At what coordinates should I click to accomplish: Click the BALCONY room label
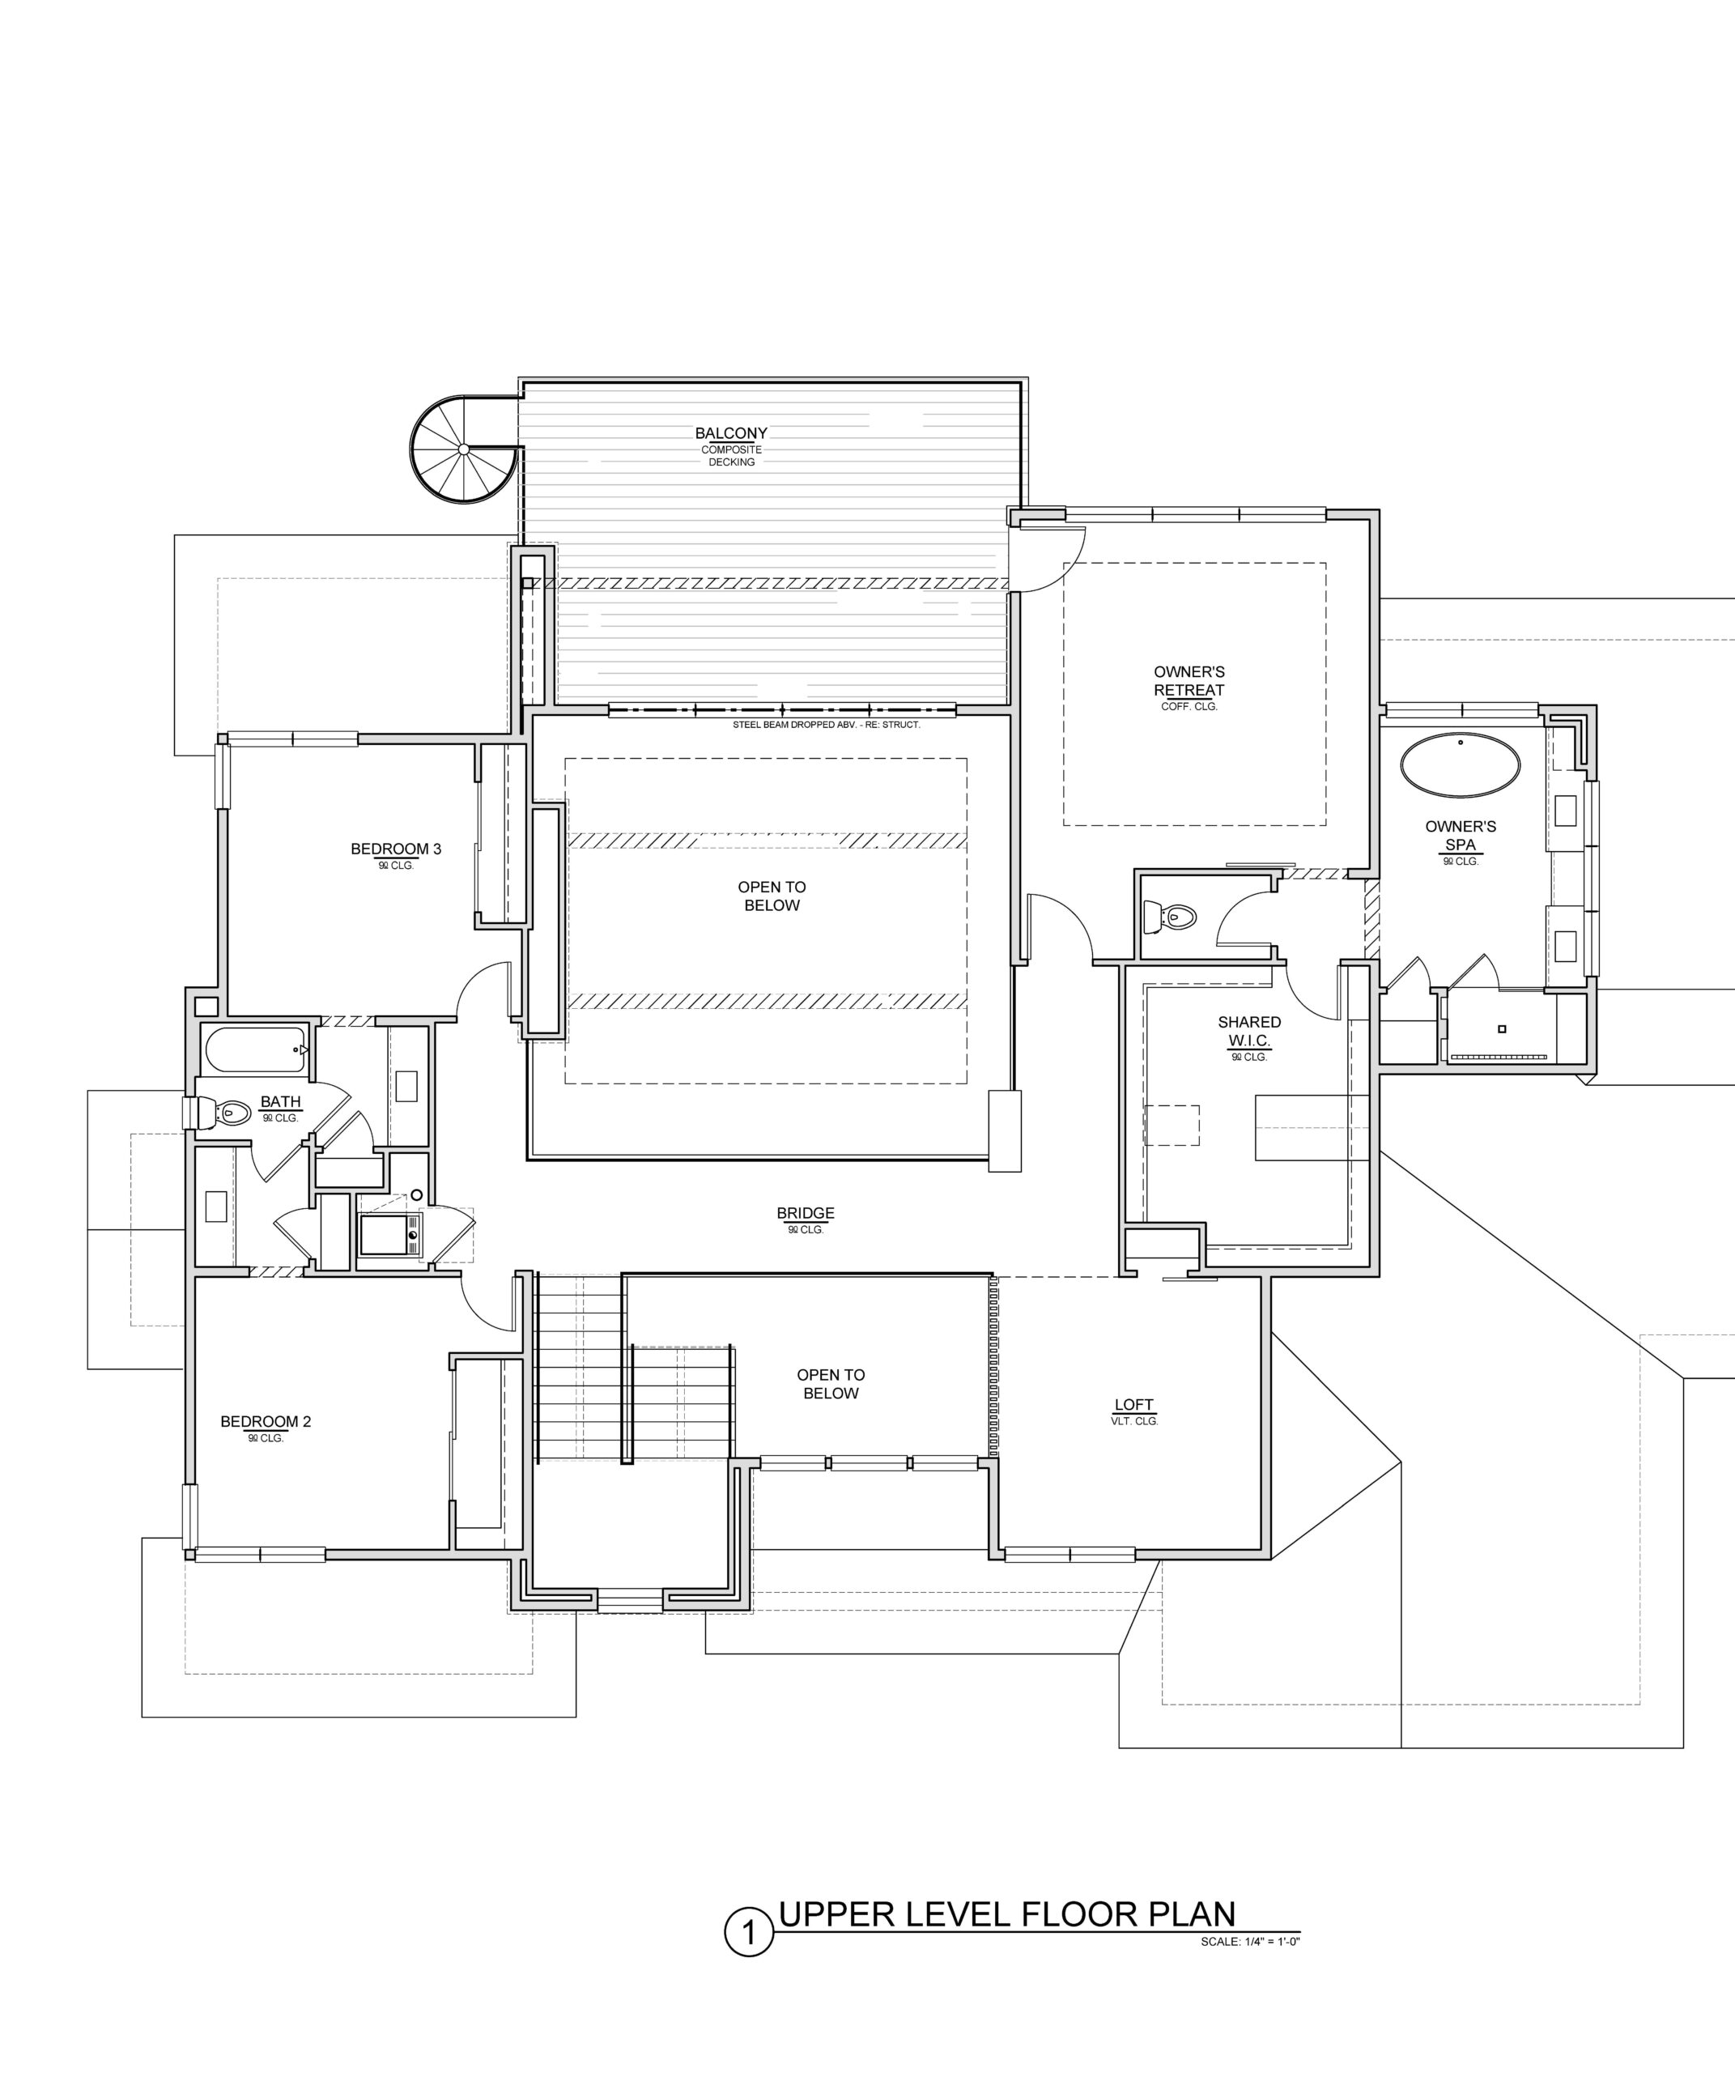click(730, 433)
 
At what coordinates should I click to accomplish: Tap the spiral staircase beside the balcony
click(464, 450)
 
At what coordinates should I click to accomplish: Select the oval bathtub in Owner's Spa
click(1461, 765)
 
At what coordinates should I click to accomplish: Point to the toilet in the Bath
click(221, 1113)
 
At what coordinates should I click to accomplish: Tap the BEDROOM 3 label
click(396, 849)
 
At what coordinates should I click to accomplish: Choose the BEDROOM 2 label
click(266, 1421)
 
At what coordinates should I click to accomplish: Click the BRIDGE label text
click(806, 1213)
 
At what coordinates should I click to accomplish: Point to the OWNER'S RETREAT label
click(1189, 681)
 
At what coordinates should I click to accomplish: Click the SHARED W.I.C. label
click(1249, 1032)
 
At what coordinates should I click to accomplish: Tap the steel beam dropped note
click(826, 725)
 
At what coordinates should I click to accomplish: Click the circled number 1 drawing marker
click(749, 1933)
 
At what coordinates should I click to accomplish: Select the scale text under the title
click(1250, 1942)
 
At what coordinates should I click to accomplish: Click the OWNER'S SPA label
click(1461, 835)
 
